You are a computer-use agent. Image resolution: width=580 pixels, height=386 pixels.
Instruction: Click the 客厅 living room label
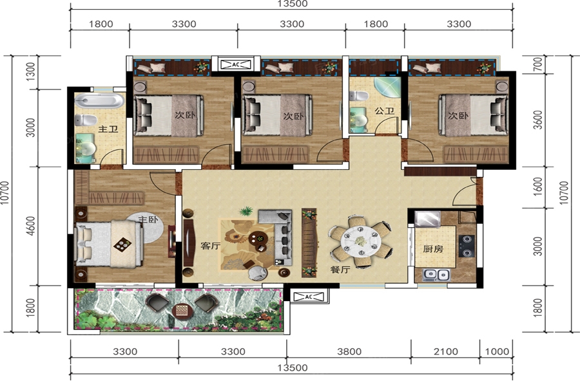point(211,246)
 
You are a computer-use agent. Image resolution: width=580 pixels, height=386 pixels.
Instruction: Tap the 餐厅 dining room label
point(340,270)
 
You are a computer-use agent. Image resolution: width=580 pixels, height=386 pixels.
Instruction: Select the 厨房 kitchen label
point(433,249)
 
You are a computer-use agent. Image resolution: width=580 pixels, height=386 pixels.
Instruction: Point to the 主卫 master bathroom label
point(108,129)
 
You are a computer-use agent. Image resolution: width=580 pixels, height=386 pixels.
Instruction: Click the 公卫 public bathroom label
point(384,111)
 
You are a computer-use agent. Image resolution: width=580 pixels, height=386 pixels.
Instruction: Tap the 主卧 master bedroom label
point(148,219)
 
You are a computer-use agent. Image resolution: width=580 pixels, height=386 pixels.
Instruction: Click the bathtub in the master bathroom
point(99,100)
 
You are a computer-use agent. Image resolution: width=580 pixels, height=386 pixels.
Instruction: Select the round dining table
point(361,241)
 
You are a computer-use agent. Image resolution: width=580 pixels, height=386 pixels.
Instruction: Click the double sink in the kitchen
point(436,275)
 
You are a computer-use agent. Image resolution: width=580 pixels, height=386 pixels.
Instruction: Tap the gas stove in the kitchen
point(467,246)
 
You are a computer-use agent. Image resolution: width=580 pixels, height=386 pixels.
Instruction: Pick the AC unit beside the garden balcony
point(309,297)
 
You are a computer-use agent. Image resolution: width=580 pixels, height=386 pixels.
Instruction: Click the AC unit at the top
point(236,64)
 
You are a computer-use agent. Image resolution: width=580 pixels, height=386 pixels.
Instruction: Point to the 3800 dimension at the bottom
point(349,351)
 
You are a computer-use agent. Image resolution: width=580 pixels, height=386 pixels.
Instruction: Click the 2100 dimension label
point(446,351)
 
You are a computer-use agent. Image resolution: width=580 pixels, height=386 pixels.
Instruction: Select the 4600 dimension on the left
point(31,226)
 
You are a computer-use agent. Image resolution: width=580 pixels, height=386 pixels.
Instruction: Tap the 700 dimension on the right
point(538,64)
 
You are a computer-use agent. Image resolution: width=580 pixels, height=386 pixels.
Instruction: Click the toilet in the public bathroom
point(359,96)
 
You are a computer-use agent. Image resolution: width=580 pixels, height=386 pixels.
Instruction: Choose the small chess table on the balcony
point(182,310)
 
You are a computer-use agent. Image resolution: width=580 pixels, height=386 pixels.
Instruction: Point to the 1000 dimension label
point(497,351)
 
